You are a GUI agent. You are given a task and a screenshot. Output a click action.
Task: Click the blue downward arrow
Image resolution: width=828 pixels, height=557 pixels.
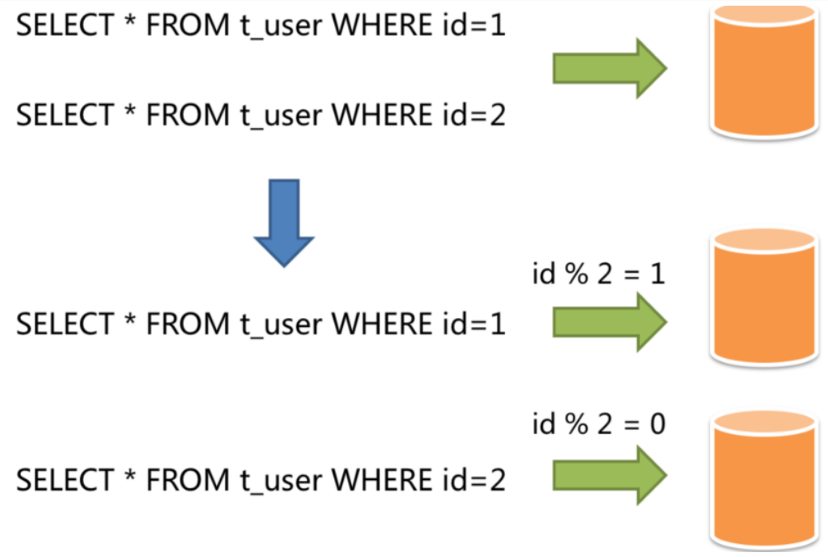[284, 222]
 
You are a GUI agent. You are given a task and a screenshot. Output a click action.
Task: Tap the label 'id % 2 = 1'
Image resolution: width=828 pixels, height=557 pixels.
[598, 274]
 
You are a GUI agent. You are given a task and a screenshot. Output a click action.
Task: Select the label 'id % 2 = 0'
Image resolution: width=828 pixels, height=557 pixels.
[599, 424]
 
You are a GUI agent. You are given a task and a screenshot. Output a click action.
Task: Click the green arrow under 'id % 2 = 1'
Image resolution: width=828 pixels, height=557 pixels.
[610, 322]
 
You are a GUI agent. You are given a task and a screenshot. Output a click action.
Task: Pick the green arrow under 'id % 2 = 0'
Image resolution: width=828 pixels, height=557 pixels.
[610, 475]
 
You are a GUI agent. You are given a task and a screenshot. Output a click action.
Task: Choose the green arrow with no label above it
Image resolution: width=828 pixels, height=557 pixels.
[610, 68]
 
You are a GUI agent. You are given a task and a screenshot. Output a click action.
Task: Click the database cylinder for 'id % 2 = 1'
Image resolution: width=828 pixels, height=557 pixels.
[763, 297]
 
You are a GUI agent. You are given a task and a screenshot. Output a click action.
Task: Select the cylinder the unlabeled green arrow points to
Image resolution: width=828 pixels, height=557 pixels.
[763, 71]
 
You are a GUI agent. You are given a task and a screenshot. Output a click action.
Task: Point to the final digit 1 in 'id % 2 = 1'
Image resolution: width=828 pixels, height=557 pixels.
[657, 274]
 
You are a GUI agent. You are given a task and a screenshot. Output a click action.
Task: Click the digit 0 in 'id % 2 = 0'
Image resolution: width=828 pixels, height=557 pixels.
[657, 424]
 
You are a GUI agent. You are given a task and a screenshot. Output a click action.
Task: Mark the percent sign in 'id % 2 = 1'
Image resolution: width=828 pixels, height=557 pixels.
[576, 274]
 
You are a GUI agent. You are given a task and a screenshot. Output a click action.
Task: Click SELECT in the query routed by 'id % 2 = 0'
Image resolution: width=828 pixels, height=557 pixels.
[65, 480]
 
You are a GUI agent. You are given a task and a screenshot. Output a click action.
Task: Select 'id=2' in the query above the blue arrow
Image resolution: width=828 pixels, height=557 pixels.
[474, 115]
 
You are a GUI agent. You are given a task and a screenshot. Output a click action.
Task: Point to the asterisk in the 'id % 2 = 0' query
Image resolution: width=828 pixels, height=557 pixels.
[130, 475]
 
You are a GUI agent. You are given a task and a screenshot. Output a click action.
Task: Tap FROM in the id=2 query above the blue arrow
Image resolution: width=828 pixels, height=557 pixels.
[188, 115]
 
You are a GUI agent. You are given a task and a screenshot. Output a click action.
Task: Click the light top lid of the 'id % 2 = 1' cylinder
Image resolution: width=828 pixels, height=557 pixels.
[763, 240]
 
